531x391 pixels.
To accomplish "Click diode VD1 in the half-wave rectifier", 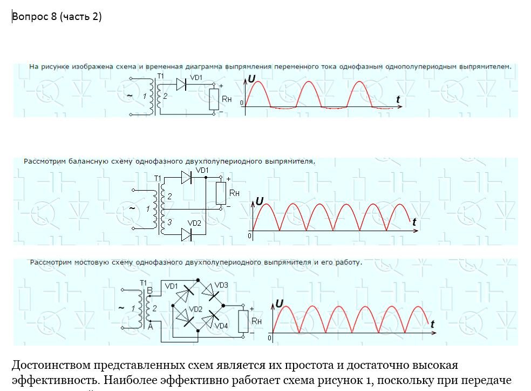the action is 181,84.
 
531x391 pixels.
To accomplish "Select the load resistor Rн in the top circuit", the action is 214,99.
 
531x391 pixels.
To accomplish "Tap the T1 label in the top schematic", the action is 160,76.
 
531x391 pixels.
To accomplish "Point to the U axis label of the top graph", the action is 251,79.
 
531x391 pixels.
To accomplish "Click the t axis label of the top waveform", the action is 398,99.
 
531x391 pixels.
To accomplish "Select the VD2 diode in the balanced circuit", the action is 186,234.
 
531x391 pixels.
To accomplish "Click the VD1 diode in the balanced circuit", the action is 186,177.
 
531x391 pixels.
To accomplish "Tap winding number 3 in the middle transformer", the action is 169,222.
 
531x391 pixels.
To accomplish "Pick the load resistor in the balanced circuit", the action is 221,193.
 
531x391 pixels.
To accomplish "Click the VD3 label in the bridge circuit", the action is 221,285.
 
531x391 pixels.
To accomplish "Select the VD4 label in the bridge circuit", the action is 221,326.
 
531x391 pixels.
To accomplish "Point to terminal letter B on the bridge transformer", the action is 149,291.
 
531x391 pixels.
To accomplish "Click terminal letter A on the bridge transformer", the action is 151,327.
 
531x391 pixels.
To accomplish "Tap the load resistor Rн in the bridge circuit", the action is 243,321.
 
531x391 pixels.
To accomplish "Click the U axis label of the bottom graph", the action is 280,304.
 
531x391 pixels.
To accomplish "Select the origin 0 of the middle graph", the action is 250,235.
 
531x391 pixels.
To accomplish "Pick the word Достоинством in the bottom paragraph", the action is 51,366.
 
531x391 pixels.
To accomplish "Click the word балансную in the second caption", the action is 88,161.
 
